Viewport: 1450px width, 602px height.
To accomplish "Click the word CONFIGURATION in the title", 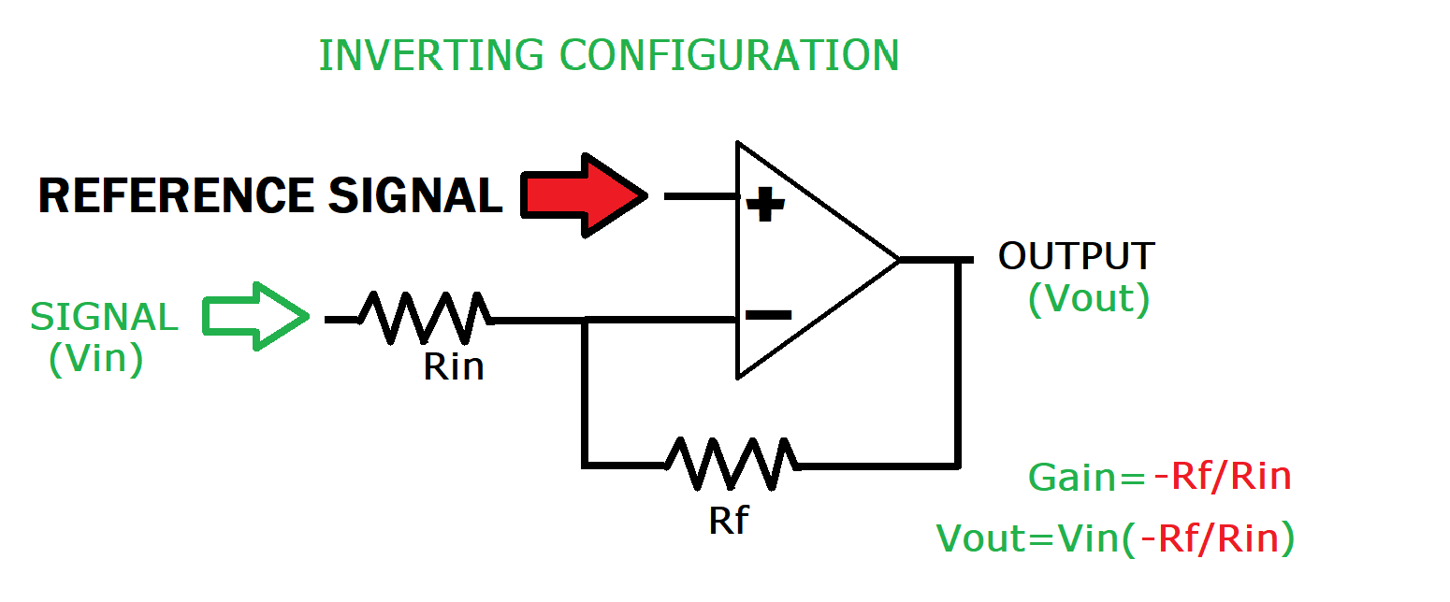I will pos(730,55).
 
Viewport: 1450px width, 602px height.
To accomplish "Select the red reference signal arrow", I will pos(583,195).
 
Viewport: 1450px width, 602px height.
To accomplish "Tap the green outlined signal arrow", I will pos(255,318).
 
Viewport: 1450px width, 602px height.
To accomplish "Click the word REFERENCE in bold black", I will pos(175,196).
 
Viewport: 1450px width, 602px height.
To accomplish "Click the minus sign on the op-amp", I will pos(769,316).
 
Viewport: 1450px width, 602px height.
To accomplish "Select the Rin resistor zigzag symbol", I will pos(426,319).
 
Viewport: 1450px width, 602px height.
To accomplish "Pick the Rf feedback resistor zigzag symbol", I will pos(731,464).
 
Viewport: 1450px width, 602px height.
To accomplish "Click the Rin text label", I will pos(454,367).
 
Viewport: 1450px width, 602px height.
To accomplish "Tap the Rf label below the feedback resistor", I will pos(729,520).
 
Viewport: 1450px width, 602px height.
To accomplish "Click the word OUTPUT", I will pos(1076,256).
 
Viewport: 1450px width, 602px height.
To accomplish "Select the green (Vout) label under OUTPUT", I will pos(1088,299).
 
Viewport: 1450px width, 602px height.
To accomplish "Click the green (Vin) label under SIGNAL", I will pos(96,360).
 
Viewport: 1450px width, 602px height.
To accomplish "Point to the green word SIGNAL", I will pos(104,318).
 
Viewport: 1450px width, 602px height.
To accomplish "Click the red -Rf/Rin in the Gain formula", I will pos(1222,478).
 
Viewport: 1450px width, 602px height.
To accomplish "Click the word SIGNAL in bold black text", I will pos(415,196).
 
